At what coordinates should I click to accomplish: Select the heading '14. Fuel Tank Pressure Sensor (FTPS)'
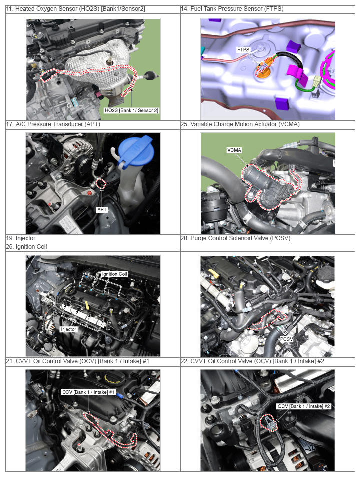(232, 9)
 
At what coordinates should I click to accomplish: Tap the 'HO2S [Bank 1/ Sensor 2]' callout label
(131, 110)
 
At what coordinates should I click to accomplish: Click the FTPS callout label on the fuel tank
(243, 49)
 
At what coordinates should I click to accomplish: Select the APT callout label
(102, 209)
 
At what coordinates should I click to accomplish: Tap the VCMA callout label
(234, 150)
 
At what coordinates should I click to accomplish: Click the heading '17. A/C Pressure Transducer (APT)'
(53, 124)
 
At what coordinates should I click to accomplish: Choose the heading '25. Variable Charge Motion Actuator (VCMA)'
(240, 124)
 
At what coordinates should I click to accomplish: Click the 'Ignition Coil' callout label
(114, 274)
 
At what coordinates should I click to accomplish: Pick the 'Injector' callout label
(69, 329)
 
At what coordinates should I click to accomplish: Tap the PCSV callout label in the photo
(286, 339)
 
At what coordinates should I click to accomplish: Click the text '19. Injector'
(21, 238)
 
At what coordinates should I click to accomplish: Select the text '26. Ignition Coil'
(26, 247)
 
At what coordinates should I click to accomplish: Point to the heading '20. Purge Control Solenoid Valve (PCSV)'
(235, 238)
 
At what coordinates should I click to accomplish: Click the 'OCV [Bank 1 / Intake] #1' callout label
(88, 392)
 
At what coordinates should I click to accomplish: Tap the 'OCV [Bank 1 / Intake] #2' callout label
(304, 406)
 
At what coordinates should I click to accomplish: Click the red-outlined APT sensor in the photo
(101, 184)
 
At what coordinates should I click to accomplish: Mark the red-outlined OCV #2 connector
(269, 423)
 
